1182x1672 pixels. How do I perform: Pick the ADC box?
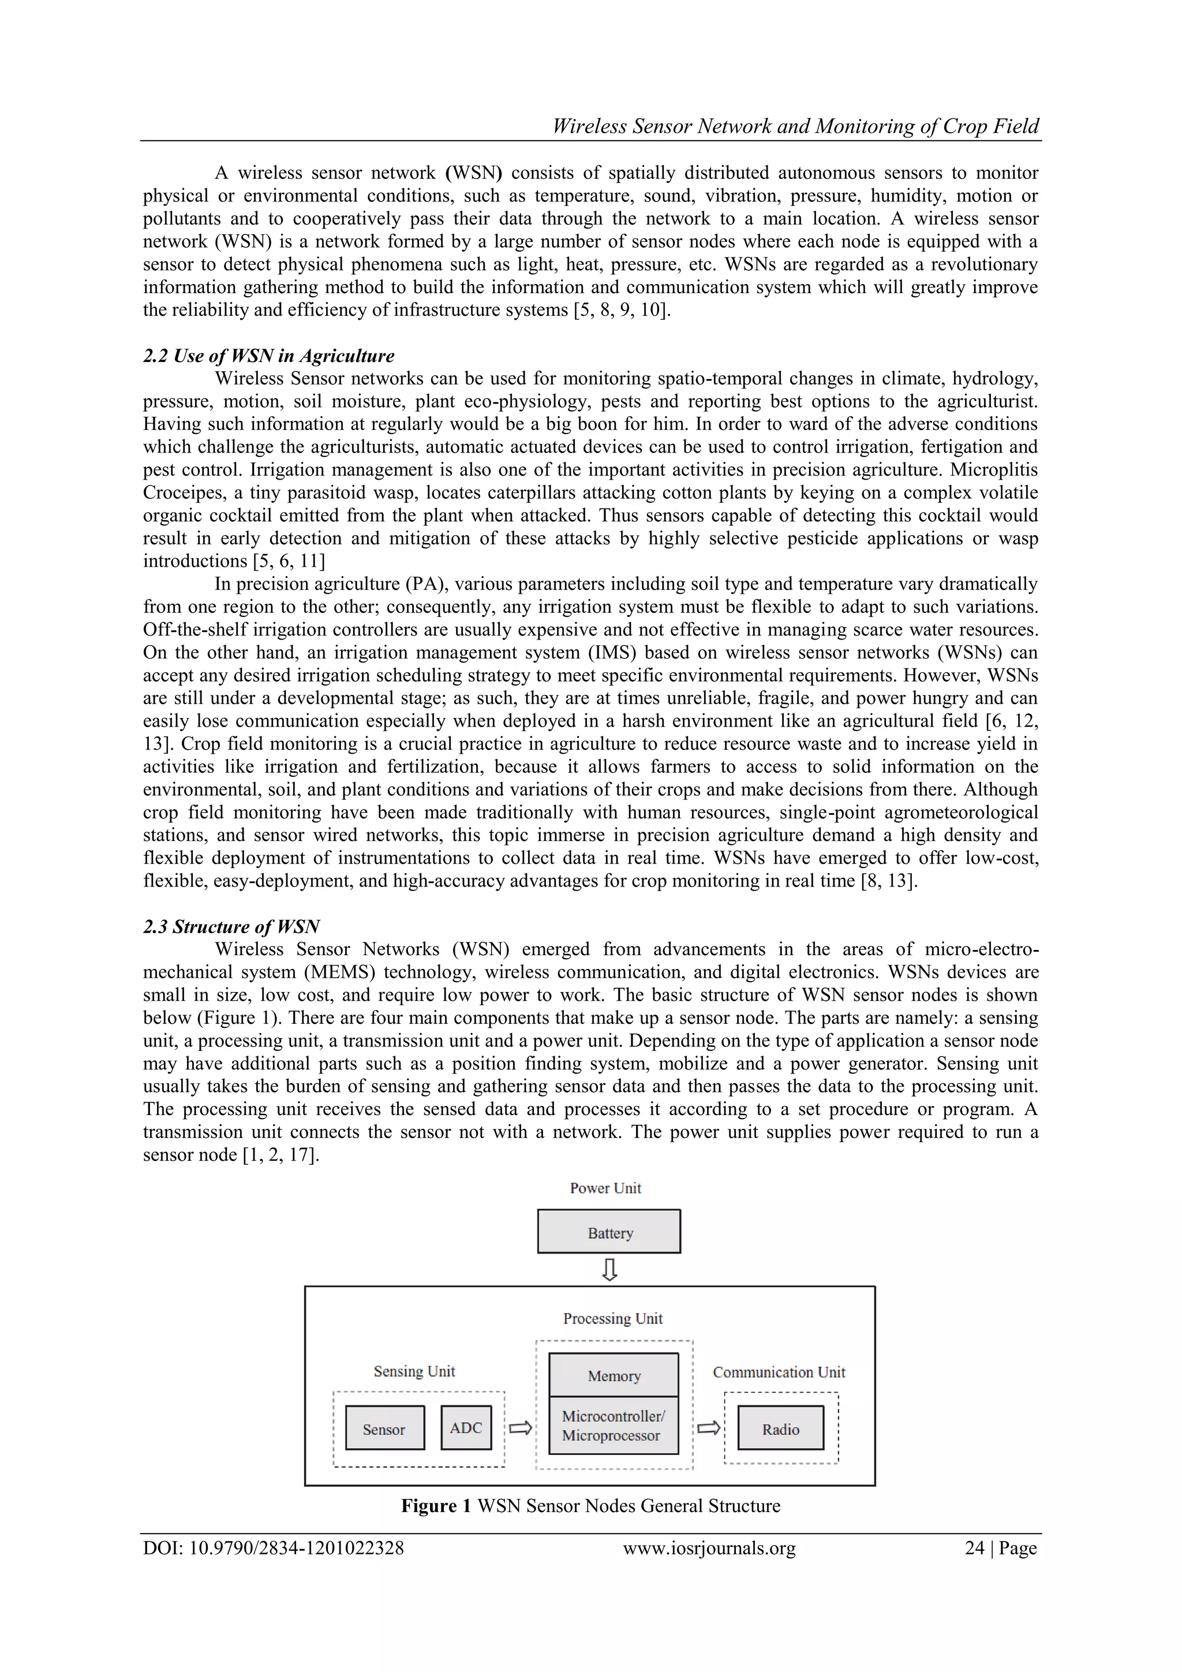tap(466, 1427)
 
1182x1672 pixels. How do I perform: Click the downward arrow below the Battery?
tap(609, 1270)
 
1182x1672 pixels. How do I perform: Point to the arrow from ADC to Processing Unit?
tap(520, 1428)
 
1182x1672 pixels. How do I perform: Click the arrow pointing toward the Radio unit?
tap(709, 1428)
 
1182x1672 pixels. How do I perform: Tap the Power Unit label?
tap(605, 1188)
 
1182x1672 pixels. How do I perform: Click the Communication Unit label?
tap(779, 1372)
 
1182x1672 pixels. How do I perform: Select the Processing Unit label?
tap(612, 1318)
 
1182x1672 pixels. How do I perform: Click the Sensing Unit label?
tap(414, 1371)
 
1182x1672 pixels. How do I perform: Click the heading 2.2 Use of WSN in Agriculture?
tap(269, 356)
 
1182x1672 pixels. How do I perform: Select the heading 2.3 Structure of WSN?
tap(231, 926)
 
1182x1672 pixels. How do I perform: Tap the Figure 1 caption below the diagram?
tap(590, 1505)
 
